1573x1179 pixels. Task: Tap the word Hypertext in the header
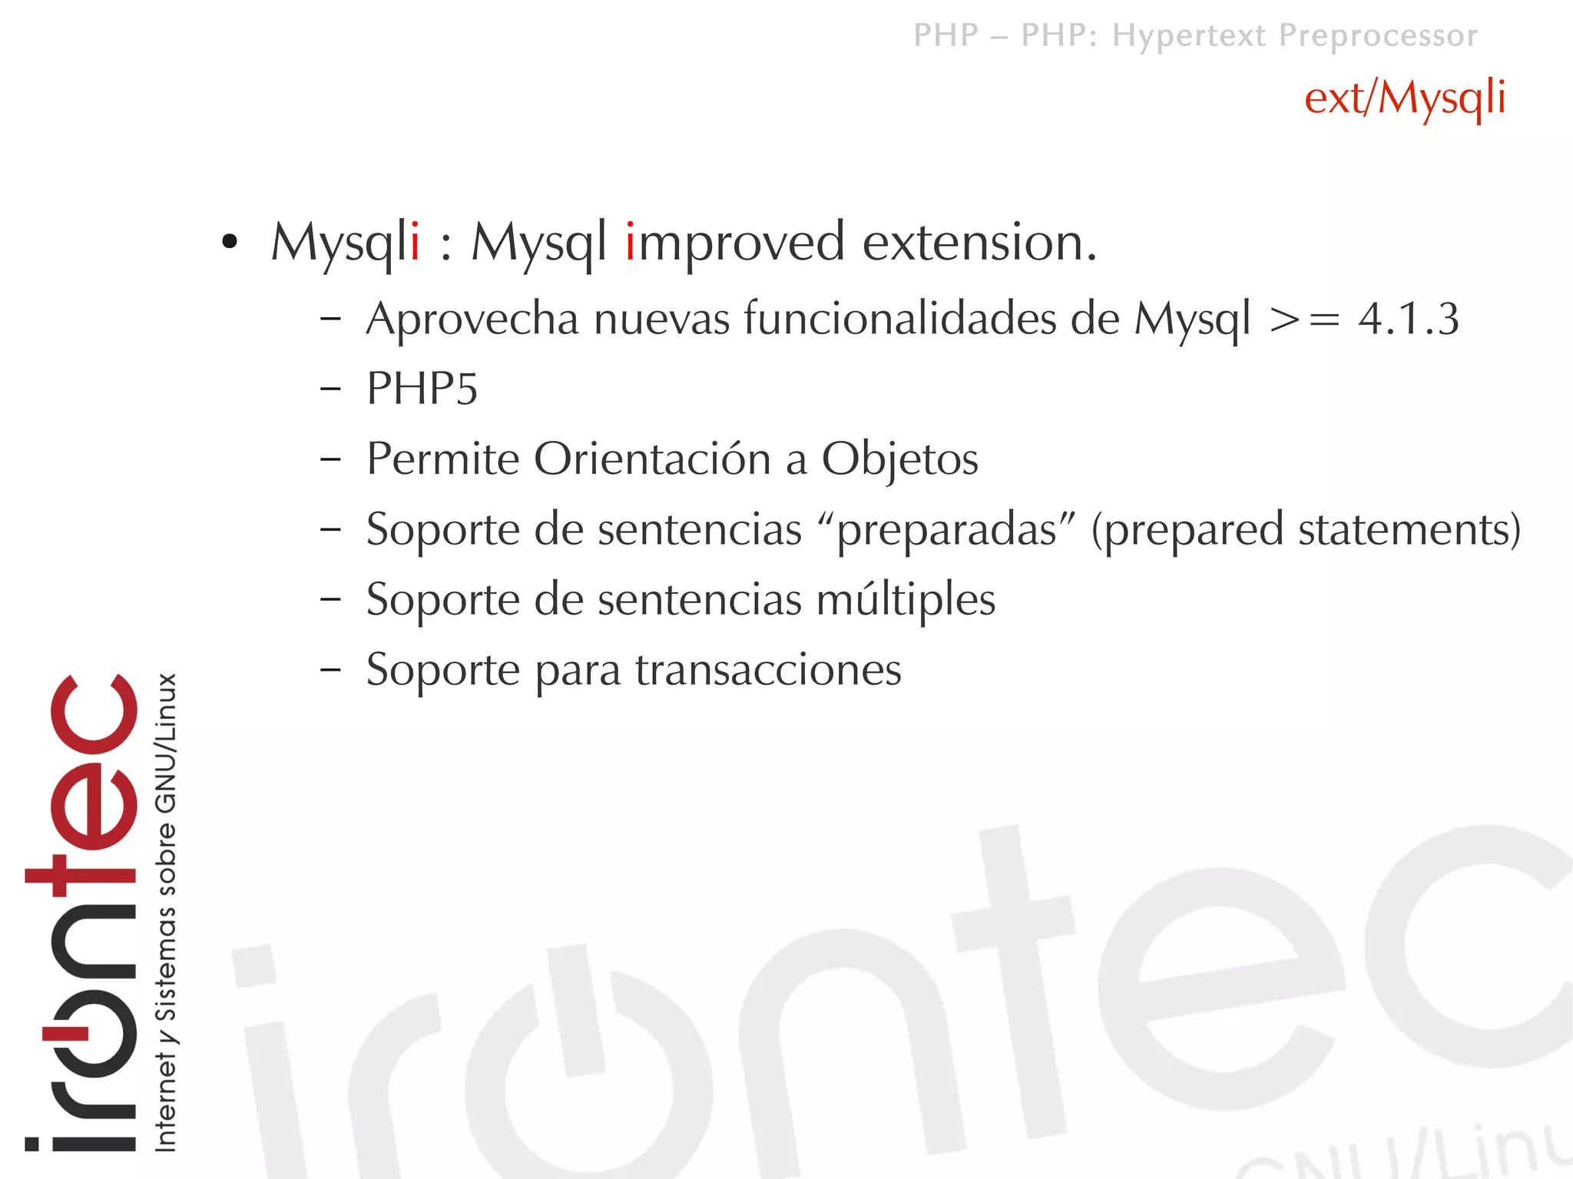[x=1189, y=35]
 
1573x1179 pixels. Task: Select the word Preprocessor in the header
[x=1378, y=35]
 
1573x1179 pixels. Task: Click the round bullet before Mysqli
[x=229, y=243]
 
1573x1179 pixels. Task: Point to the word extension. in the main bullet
[x=979, y=243]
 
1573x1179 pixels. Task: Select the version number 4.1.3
[x=1408, y=319]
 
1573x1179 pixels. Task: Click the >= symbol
[x=1304, y=319]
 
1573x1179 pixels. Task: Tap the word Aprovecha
[x=472, y=319]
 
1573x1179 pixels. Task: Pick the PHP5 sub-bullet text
[x=422, y=389]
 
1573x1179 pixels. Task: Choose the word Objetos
[x=899, y=460]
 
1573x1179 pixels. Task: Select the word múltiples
[x=906, y=600]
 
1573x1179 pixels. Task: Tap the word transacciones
[x=768, y=670]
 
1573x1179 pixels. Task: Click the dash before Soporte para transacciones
[x=331, y=670]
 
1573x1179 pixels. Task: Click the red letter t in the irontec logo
[x=81, y=876]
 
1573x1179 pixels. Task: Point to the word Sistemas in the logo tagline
[x=167, y=963]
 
